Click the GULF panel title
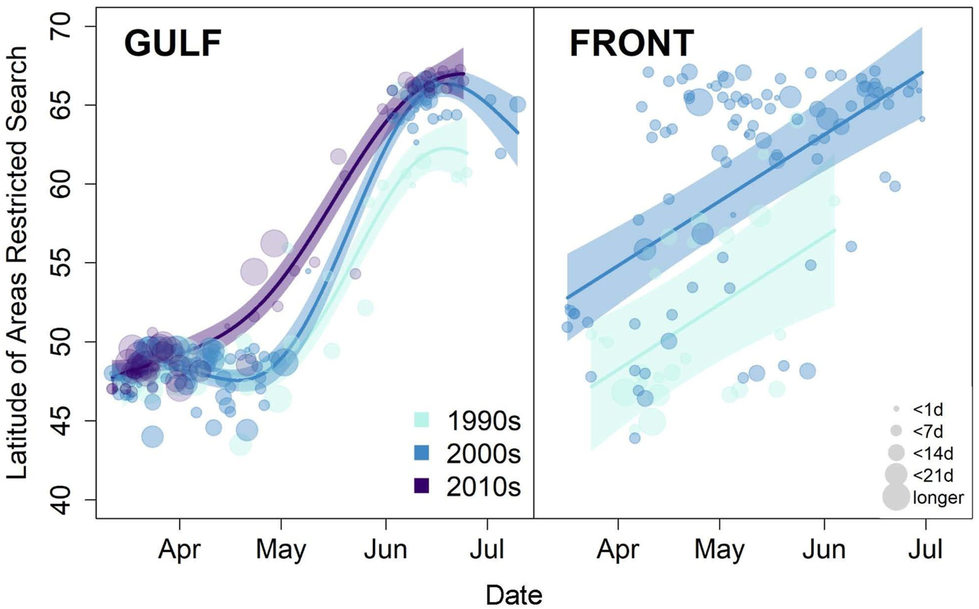coord(173,43)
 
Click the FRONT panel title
coord(631,43)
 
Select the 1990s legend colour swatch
coord(421,420)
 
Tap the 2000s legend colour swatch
coord(421,453)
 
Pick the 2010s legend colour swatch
coord(421,485)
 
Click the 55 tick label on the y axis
coord(62,264)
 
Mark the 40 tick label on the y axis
coord(62,500)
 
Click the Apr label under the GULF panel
coord(180,550)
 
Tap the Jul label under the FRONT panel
coord(926,550)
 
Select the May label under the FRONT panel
coord(720,550)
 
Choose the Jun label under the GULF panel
coord(385,550)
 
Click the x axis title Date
coord(514,595)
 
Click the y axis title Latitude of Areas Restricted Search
coord(17,263)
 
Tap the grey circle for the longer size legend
coord(896,497)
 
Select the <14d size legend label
coord(933,453)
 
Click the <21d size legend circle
coord(896,474)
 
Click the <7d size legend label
coord(928,431)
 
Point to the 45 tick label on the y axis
coord(62,421)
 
